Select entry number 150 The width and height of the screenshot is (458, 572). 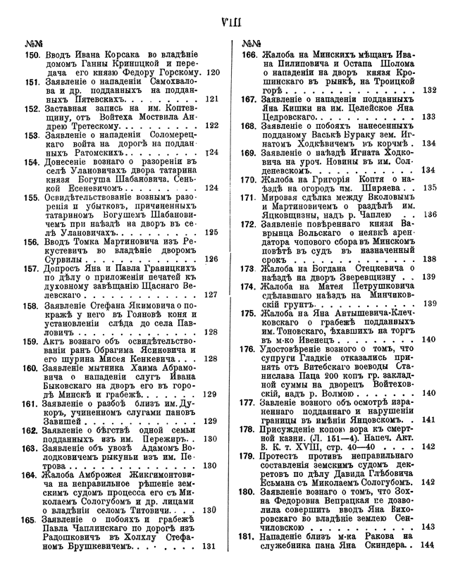32,54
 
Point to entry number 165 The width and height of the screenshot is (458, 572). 32,519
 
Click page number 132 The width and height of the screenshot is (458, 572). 429,89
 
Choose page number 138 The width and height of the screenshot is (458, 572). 429,259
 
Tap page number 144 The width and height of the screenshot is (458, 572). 429,546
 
